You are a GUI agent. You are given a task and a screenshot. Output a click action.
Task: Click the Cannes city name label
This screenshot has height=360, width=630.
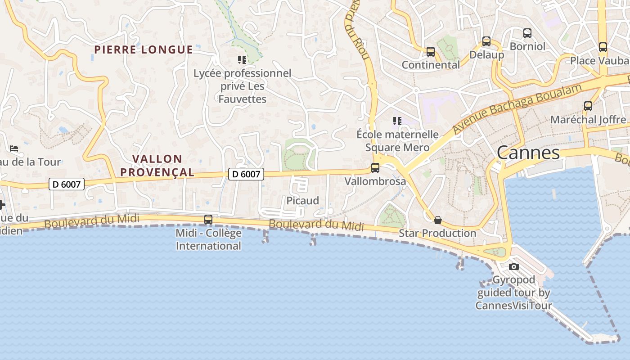528,153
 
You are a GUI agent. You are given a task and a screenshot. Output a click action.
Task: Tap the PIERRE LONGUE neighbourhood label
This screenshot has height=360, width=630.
144,49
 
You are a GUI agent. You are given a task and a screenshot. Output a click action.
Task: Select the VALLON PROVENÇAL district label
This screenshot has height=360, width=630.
157,165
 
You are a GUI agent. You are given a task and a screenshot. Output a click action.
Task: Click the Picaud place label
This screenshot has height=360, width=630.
303,200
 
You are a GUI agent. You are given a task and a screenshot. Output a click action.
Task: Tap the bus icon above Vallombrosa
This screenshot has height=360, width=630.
375,168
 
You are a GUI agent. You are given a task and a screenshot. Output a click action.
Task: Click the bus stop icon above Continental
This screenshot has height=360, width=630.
431,52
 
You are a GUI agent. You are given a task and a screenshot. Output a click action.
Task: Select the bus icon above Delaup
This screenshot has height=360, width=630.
486,41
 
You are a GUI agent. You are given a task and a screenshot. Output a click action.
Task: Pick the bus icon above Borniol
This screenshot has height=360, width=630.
527,33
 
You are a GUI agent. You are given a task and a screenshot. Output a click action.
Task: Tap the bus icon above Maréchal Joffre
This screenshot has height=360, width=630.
588,106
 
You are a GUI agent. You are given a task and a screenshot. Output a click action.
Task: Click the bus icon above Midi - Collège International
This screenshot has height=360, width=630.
208,220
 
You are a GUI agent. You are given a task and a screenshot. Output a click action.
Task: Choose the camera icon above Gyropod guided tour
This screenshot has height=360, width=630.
513,266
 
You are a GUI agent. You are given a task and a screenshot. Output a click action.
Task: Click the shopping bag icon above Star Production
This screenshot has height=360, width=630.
437,220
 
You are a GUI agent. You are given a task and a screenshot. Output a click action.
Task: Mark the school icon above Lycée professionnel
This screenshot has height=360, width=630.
242,59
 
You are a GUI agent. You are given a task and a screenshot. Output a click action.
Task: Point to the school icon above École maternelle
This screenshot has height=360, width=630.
397,121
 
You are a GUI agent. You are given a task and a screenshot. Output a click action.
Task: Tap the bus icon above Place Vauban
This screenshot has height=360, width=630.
603,47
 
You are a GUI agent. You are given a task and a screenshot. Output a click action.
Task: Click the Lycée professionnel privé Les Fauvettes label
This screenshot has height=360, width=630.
243,86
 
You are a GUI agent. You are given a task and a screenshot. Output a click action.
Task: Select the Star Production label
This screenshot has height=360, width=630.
437,233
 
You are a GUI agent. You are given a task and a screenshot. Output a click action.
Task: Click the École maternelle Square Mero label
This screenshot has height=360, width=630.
397,141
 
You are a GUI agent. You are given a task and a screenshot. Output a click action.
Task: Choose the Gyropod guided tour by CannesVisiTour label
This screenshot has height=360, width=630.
513,292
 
